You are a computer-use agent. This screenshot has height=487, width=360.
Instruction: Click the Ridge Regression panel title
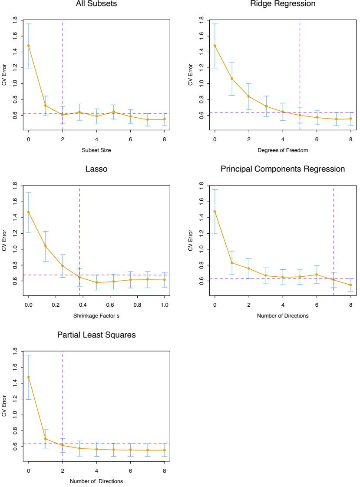tap(283, 4)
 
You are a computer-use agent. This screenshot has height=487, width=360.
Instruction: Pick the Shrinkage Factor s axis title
tap(96, 316)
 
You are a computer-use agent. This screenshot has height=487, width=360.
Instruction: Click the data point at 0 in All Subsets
tap(29, 45)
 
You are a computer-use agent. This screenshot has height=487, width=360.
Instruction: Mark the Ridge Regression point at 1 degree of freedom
tap(232, 79)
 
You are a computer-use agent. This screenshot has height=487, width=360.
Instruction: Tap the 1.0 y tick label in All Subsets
tap(15, 83)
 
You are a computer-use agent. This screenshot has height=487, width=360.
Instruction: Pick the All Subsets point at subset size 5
tap(113, 112)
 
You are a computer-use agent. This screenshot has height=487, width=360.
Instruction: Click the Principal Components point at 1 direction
tap(232, 262)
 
